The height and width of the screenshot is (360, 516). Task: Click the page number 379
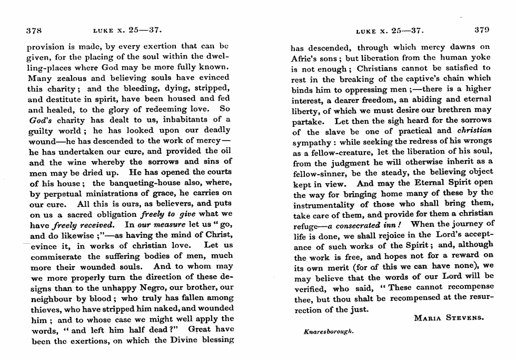click(x=482, y=30)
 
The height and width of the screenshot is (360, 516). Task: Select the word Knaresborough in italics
click(x=329, y=333)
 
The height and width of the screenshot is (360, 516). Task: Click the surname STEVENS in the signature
click(x=465, y=317)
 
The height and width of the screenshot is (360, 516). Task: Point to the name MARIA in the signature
click(x=428, y=317)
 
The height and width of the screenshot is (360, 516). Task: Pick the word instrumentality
click(x=323, y=204)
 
